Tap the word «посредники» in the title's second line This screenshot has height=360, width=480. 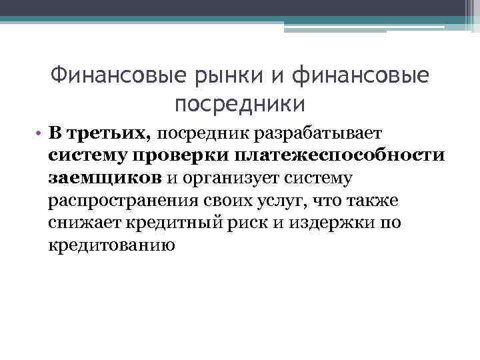(240, 103)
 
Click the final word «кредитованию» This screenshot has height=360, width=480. (111, 245)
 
